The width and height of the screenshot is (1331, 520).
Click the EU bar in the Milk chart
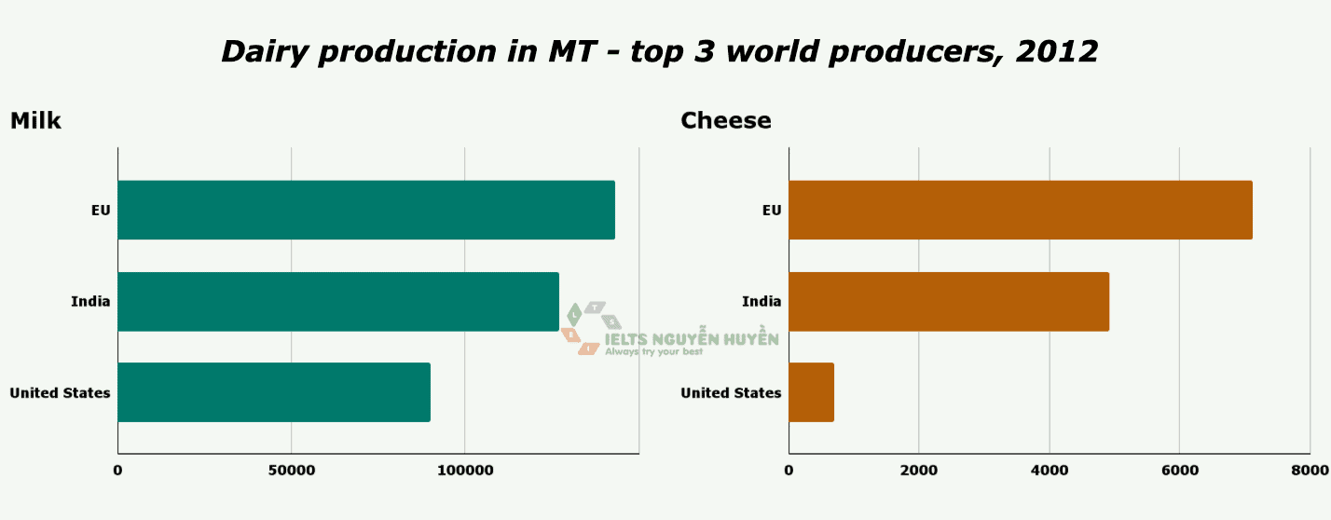pos(366,210)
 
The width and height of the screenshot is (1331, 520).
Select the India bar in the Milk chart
pos(338,301)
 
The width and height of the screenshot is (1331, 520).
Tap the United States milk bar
pos(274,392)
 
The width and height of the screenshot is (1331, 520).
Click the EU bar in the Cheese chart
pos(1021,210)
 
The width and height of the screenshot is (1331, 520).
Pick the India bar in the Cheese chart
pos(949,301)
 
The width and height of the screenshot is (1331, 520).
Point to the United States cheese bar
pos(812,392)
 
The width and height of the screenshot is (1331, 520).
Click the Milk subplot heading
pos(35,121)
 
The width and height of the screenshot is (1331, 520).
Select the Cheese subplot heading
pos(726,121)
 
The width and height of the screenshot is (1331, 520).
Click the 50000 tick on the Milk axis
pos(291,472)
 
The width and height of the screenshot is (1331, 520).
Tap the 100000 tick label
pos(465,472)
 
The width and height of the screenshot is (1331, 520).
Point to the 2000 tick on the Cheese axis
pos(919,472)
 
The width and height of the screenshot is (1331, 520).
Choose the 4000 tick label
pos(1050,472)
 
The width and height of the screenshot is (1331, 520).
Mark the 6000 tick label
pos(1179,472)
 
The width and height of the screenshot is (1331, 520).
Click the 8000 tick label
pos(1309,472)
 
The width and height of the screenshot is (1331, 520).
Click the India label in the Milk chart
pos(90,301)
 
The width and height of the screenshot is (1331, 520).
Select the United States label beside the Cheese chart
pos(731,392)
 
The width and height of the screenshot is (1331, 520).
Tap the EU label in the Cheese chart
pos(772,210)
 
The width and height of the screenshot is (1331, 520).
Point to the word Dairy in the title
pos(265,51)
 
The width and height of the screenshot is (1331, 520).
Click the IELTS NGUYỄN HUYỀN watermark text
pos(692,340)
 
